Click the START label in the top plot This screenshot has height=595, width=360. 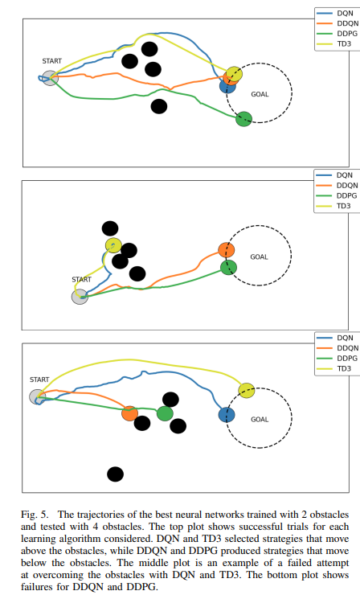tap(52, 61)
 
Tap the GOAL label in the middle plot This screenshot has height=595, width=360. tap(259, 257)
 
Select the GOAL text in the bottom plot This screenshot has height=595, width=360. tap(260, 419)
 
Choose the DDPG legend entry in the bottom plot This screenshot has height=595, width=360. tap(337, 359)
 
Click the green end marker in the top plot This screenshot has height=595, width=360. tap(244, 119)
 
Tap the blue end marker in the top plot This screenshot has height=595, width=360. tap(227, 86)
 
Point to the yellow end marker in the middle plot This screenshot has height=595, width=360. tap(113, 245)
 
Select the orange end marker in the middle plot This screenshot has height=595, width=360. tap(227, 250)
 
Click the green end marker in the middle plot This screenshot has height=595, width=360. tap(228, 268)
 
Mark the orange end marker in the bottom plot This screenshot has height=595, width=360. tap(129, 413)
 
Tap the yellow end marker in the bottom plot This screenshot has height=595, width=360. tap(247, 391)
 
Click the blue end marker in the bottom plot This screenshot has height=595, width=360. tap(227, 415)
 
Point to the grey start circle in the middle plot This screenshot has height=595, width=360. tap(80, 297)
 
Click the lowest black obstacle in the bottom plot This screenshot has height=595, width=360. tap(116, 474)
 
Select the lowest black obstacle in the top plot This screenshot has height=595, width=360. tap(159, 106)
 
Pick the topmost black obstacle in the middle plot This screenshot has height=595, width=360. tap(110, 228)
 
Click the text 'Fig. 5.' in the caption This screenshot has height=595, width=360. tap(35, 515)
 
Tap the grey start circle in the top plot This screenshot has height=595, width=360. tap(50, 78)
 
